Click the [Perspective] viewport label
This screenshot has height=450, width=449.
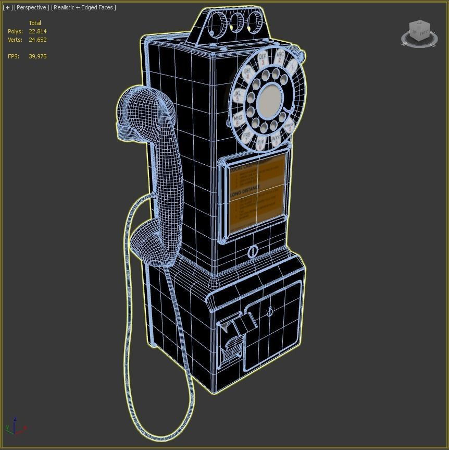pyautogui.click(x=32, y=7)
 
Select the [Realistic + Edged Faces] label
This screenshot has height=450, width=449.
pyautogui.click(x=83, y=7)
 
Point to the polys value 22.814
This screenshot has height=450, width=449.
pyautogui.click(x=38, y=31)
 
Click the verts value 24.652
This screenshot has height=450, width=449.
pyautogui.click(x=38, y=40)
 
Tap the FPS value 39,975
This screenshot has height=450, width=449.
pyautogui.click(x=38, y=56)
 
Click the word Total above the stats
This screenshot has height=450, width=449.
pyautogui.click(x=35, y=23)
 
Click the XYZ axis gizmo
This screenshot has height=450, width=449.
pyautogui.click(x=15, y=428)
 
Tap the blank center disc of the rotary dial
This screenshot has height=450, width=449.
pyautogui.click(x=270, y=99)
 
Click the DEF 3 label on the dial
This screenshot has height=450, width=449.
pyautogui.click(x=263, y=58)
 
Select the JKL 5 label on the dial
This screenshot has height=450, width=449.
pyautogui.click(x=238, y=96)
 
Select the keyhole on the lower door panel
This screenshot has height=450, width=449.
pyautogui.click(x=269, y=312)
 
